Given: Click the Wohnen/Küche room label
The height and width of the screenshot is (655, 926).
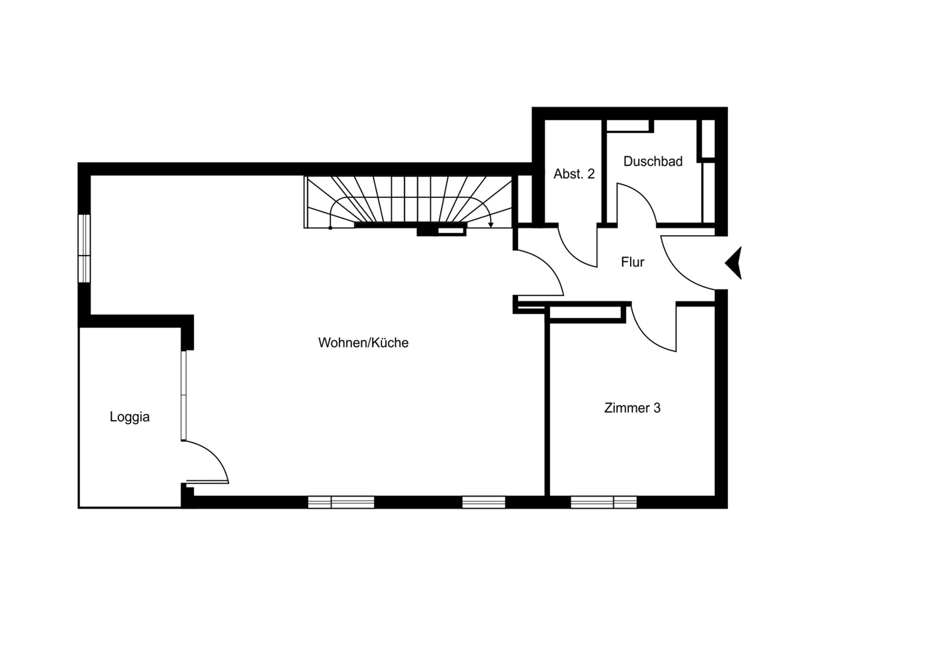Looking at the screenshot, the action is [x=363, y=343].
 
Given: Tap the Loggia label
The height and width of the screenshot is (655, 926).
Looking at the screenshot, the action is [x=129, y=417].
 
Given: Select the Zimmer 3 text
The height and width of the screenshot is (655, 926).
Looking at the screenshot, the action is [x=632, y=408].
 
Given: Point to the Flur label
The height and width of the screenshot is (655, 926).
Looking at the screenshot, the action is [x=633, y=262].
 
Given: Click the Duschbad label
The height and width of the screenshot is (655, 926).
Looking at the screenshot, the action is [x=653, y=162].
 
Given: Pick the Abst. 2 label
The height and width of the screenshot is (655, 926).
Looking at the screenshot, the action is [x=574, y=174].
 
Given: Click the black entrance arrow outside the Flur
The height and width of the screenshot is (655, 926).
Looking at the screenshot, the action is [x=733, y=263].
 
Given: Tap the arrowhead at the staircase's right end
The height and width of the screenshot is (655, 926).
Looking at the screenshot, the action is [x=490, y=225].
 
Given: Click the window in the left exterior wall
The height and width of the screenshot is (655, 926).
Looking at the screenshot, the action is [x=84, y=248].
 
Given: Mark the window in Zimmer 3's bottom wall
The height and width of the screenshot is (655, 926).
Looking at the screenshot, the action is [x=604, y=503].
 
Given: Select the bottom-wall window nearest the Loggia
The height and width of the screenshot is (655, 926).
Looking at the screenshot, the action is [x=341, y=503].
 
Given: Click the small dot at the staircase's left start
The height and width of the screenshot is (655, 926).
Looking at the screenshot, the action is [x=330, y=228].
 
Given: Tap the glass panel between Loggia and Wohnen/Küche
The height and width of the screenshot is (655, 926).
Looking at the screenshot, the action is [x=184, y=395].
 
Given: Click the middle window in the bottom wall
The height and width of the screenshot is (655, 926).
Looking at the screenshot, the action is [x=484, y=503].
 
